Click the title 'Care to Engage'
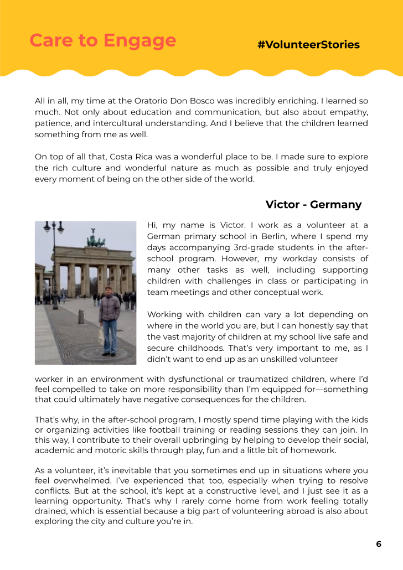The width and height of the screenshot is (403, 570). pos(102,40)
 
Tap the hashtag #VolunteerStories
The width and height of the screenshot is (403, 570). pos(308,45)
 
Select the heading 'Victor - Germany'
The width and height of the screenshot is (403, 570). pos(313,205)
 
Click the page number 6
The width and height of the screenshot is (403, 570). pos(379,544)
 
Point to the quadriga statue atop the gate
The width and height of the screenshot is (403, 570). pos(95,240)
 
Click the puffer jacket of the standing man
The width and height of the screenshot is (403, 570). pos(110,308)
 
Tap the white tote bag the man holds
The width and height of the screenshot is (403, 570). pos(101,334)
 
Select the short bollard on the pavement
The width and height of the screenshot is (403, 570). pos(81,316)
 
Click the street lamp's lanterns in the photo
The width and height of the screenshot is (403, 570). pos(54,227)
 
